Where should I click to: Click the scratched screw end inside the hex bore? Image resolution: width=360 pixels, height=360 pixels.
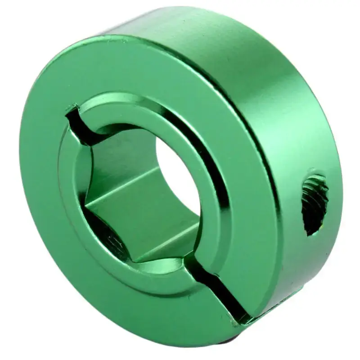click(x=112, y=239)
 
